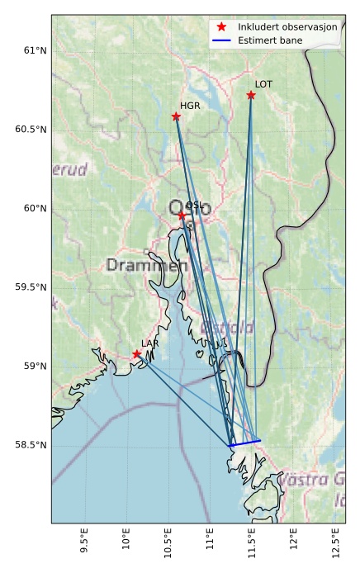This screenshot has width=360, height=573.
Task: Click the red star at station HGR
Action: [x=176, y=116]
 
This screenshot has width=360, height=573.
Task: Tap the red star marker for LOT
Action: [x=251, y=95]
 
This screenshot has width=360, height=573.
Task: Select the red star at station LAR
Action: [x=137, y=354]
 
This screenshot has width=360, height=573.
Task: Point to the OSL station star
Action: [x=182, y=215]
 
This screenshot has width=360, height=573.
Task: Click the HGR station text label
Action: [x=190, y=106]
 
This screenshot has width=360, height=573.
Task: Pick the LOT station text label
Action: [x=263, y=84]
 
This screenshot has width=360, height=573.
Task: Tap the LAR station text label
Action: [x=149, y=343]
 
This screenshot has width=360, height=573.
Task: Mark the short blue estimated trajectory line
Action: [x=245, y=443]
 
